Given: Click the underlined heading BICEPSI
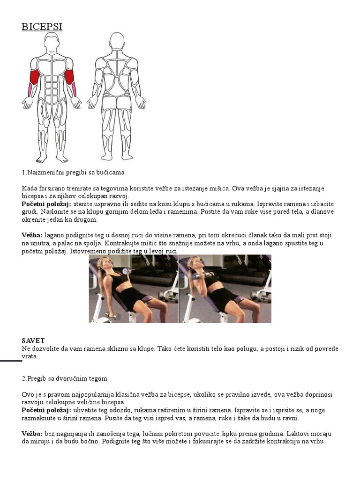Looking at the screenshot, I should click(x=42, y=27).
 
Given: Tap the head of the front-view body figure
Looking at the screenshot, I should click(x=52, y=43).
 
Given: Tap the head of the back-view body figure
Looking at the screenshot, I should click(x=116, y=42).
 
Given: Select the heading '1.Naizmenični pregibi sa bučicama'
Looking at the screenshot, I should click(x=73, y=172).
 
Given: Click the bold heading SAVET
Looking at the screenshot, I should click(x=33, y=341).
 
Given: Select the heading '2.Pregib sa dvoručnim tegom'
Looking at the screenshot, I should click(x=65, y=378).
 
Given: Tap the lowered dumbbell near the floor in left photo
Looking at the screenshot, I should click(x=112, y=316).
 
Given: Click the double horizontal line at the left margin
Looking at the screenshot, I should click(x=11, y=361).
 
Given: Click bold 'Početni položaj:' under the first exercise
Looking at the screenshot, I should click(x=46, y=204).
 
